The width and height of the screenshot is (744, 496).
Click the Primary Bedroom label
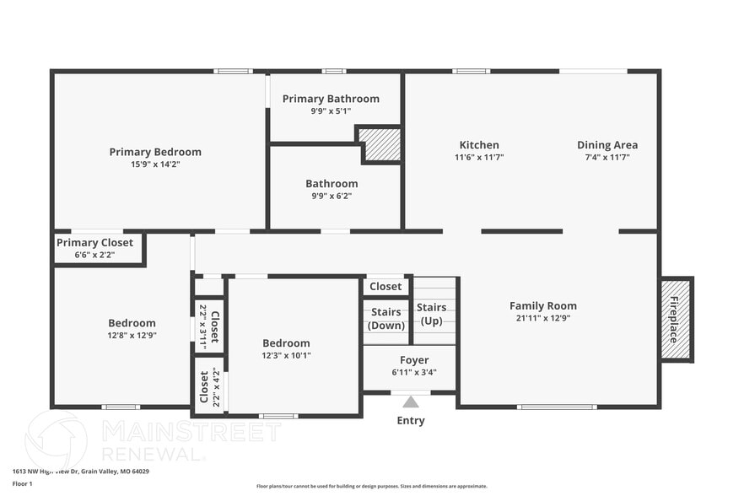pyautogui.click(x=155, y=152)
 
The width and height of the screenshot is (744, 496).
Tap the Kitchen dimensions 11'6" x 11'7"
pyautogui.click(x=479, y=157)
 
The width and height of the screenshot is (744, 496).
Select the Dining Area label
pyautogui.click(x=607, y=145)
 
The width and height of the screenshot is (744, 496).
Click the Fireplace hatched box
pyautogui.click(x=676, y=319)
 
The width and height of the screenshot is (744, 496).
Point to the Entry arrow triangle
pyautogui.click(x=411, y=402)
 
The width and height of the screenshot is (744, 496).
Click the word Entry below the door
pyautogui.click(x=411, y=420)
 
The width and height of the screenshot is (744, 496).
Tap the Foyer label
pyautogui.click(x=414, y=360)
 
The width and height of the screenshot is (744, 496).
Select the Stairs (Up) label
pyautogui.click(x=431, y=314)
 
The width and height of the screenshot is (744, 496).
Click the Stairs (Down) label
pyautogui.click(x=385, y=319)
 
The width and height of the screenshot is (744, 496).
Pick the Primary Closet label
pyautogui.click(x=94, y=243)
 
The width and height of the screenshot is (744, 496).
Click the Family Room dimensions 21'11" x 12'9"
pyautogui.click(x=543, y=318)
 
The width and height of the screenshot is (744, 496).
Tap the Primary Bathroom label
pyautogui.click(x=331, y=99)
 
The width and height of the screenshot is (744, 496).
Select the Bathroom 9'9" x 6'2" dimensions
pyautogui.click(x=332, y=196)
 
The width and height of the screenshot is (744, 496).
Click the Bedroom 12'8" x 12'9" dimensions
pyautogui.click(x=132, y=335)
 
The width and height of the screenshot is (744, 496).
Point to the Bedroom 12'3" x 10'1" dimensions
pyautogui.click(x=286, y=355)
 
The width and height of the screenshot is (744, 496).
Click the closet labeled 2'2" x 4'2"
pyautogui.click(x=208, y=386)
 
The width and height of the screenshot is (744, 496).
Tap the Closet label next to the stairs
pyautogui.click(x=385, y=287)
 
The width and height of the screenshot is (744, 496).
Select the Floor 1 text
pyautogui.click(x=22, y=484)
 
